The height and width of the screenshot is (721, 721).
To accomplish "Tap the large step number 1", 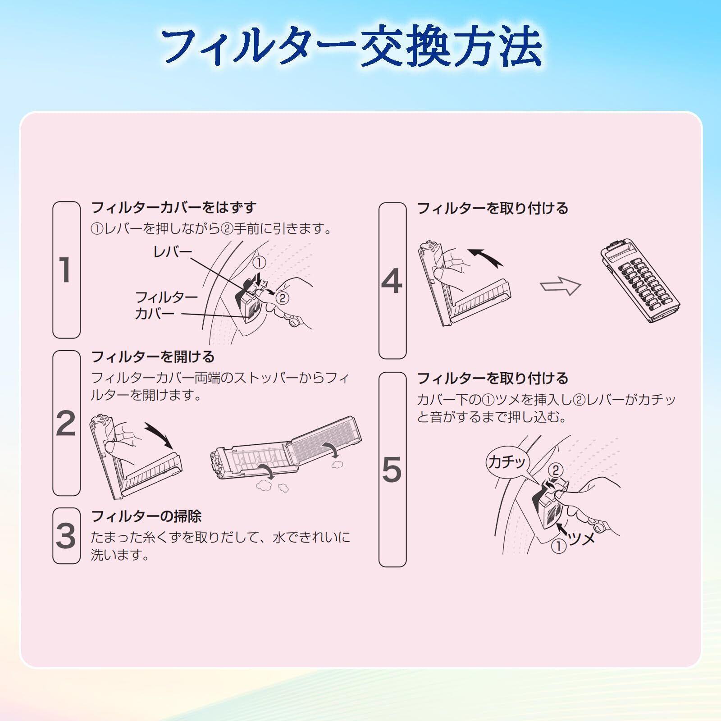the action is [x=65, y=270].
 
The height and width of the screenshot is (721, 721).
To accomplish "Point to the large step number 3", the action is [x=66, y=536].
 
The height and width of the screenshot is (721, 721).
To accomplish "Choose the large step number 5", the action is [x=392, y=470].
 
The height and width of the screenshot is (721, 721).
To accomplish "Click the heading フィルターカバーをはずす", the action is [x=174, y=208].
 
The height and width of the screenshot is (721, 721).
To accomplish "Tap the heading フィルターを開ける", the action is [x=153, y=357].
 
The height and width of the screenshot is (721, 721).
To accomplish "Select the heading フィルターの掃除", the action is [x=146, y=516].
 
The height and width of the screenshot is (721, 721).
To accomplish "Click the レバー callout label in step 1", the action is [x=173, y=252].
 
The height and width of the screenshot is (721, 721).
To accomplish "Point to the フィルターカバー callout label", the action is [x=166, y=305].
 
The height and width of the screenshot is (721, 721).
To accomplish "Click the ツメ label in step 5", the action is [x=582, y=538].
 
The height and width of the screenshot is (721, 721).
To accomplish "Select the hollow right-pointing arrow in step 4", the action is [x=561, y=286].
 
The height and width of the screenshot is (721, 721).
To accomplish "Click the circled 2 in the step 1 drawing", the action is [x=282, y=298].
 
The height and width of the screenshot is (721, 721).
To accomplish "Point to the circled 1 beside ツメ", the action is [x=559, y=546].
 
